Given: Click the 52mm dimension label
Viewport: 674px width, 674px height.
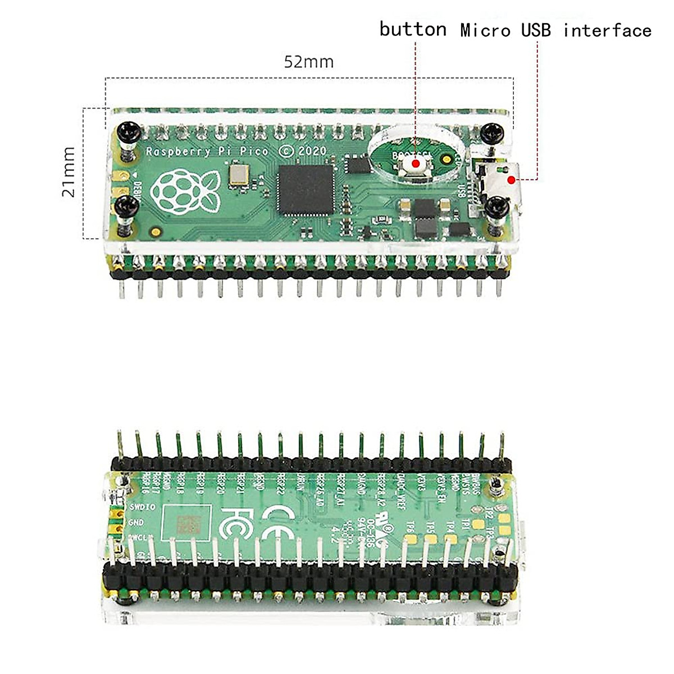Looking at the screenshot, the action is [x=308, y=61].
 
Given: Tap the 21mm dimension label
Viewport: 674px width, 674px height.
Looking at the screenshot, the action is [x=69, y=172].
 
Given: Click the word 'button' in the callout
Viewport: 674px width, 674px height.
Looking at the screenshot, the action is [x=413, y=29].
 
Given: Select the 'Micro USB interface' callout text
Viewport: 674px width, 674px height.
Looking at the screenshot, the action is [x=556, y=30].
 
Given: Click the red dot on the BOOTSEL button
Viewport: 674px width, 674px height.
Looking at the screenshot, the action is [x=416, y=163].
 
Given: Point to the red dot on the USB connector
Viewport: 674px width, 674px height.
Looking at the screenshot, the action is [x=511, y=179].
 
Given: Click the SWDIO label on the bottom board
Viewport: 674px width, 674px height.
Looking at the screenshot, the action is [x=142, y=507].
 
